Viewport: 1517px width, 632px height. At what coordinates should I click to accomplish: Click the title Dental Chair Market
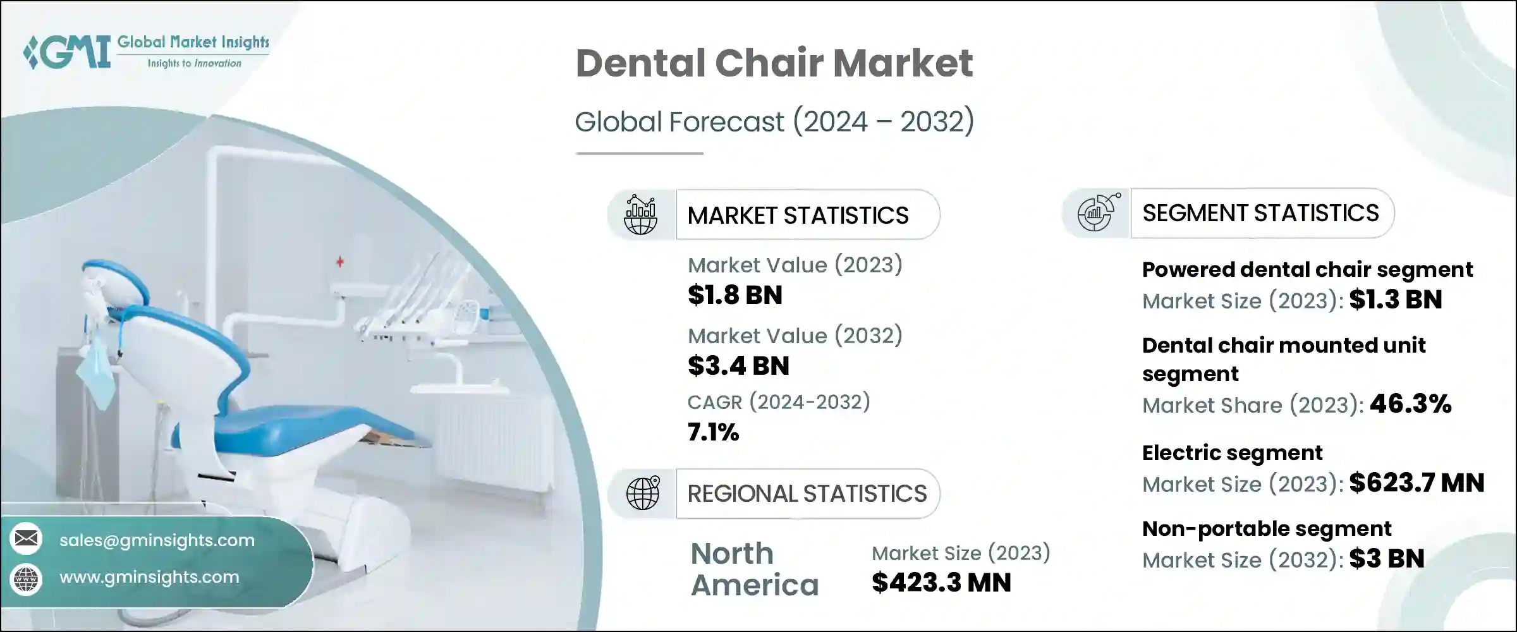click(x=774, y=63)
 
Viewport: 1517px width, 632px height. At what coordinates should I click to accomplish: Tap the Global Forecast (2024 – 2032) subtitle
click(x=774, y=121)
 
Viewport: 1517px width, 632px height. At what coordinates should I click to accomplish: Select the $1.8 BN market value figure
click(x=735, y=295)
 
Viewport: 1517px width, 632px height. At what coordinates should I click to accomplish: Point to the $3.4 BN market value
click(x=738, y=366)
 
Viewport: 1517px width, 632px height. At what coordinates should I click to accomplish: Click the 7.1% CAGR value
click(x=713, y=432)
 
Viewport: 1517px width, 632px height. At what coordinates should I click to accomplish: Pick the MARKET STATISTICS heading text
click(x=798, y=216)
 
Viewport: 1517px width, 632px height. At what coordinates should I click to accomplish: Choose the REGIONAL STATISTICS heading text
click(x=807, y=494)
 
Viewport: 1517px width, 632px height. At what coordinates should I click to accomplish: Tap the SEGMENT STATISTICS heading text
click(x=1260, y=213)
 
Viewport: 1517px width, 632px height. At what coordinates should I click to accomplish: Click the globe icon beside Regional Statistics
click(x=642, y=493)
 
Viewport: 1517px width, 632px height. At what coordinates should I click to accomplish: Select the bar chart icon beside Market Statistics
click(x=640, y=215)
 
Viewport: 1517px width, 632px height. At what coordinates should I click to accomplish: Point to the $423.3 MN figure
click(x=941, y=582)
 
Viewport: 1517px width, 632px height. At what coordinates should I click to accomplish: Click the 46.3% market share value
click(x=1410, y=404)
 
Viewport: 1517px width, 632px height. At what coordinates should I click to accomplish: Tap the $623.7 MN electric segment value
click(x=1416, y=483)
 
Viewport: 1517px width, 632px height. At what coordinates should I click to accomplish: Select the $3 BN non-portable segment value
click(x=1387, y=559)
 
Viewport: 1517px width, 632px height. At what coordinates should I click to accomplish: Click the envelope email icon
click(x=27, y=538)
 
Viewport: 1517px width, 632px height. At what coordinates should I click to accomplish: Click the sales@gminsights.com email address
click(x=157, y=540)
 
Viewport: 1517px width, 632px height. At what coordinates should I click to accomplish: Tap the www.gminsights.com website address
click(x=149, y=577)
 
